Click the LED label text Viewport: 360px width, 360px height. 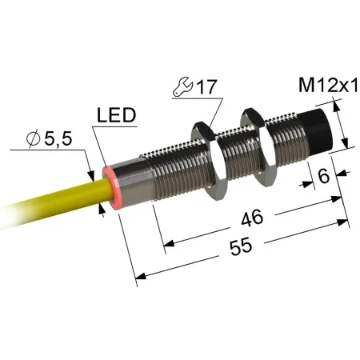pos(116,115)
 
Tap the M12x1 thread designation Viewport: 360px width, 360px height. pos(328,85)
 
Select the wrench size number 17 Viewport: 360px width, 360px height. pos(206,86)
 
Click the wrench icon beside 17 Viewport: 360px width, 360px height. pos(182,86)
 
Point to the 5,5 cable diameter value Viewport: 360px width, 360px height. pos(58,138)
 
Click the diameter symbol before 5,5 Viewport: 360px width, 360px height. pos(34,138)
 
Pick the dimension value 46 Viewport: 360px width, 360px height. pos(252,218)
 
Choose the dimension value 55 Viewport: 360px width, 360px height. pos(241,247)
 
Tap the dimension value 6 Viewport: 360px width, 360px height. pos(324,176)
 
